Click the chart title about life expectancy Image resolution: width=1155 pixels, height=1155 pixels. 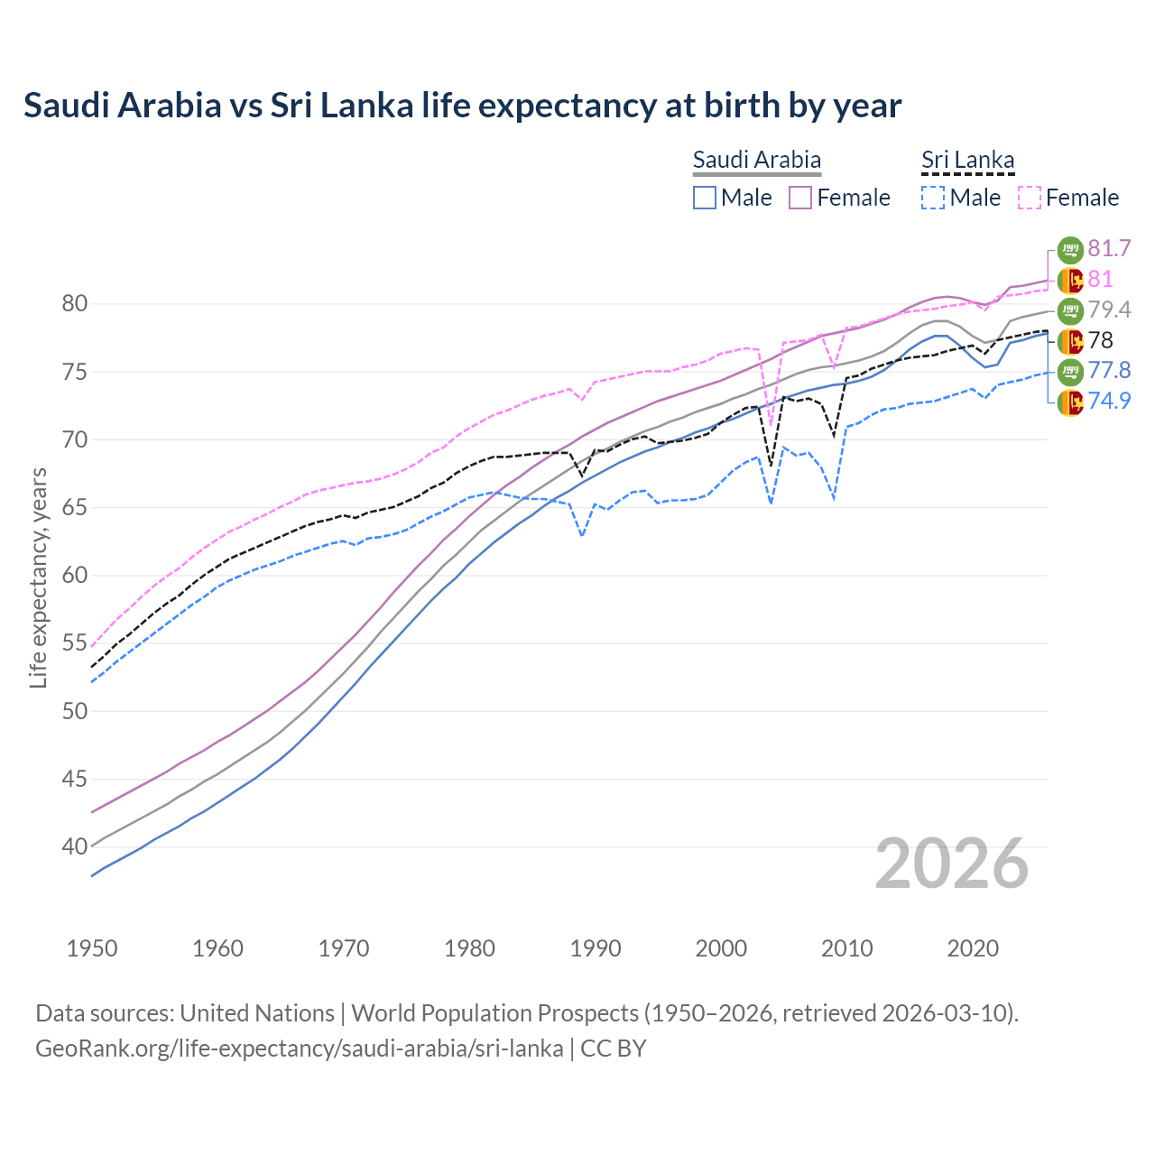462,106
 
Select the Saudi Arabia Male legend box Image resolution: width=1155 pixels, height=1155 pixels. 705,198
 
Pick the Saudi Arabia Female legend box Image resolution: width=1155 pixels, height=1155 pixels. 800,198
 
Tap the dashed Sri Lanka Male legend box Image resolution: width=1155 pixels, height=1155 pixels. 933,198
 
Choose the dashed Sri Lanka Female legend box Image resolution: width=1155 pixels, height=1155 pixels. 1029,198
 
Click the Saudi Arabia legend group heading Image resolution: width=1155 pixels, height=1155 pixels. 756,160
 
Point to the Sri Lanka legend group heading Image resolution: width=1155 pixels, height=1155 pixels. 967,160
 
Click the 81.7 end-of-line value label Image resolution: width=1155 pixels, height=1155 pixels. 1109,248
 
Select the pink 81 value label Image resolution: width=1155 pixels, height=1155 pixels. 1100,279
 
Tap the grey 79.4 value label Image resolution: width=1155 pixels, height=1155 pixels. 1109,310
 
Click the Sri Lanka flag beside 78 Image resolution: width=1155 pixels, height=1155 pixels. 1070,341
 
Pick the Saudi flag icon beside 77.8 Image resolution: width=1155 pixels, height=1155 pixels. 1070,371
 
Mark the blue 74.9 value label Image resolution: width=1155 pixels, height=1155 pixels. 1109,401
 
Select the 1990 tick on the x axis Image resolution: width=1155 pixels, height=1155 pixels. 596,948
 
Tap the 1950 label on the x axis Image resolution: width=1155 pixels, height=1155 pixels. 92,948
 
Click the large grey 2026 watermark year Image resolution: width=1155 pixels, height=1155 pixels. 951,864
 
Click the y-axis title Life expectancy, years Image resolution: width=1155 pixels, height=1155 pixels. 38,577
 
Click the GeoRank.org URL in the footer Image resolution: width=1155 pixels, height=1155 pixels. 299,1049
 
